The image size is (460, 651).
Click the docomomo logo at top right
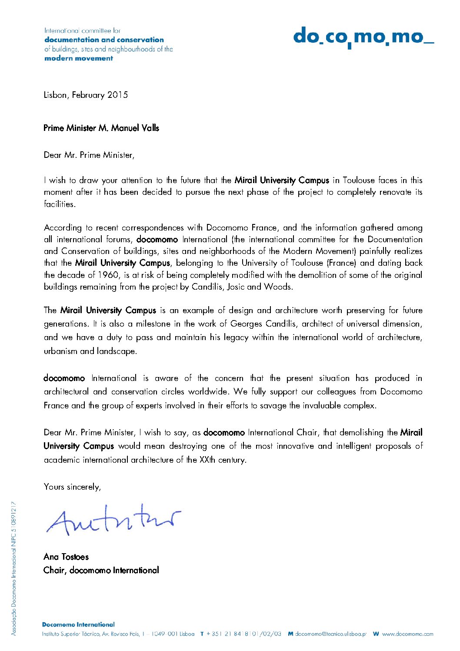coord(363,37)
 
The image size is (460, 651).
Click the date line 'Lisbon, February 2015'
coord(86,95)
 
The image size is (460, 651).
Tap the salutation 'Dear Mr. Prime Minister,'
coord(89,155)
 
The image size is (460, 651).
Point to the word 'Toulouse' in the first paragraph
coord(359,180)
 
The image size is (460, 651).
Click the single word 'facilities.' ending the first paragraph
coord(60,204)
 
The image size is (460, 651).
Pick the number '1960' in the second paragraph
coord(108,275)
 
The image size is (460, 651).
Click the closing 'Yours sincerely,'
coord(72,487)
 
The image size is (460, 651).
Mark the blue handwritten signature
coord(113,520)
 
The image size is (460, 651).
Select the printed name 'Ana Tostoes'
coord(66,557)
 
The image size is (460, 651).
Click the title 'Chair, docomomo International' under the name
coord(101,570)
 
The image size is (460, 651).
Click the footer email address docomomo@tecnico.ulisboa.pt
coord(330,634)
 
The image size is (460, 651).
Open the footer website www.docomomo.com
coord(407,634)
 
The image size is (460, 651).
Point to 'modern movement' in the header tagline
coord(79,58)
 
